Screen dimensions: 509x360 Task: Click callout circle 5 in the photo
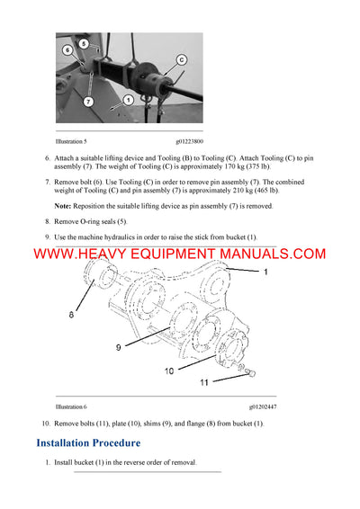(x=83, y=42)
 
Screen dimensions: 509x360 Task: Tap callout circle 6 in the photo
(x=67, y=51)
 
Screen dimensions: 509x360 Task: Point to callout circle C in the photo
(x=182, y=59)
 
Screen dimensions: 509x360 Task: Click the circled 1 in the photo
(x=129, y=100)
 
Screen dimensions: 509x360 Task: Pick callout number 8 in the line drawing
(x=72, y=316)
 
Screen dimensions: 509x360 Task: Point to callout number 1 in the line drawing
(x=265, y=270)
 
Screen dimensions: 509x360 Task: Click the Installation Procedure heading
(x=88, y=442)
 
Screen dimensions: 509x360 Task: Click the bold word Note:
(x=64, y=207)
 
